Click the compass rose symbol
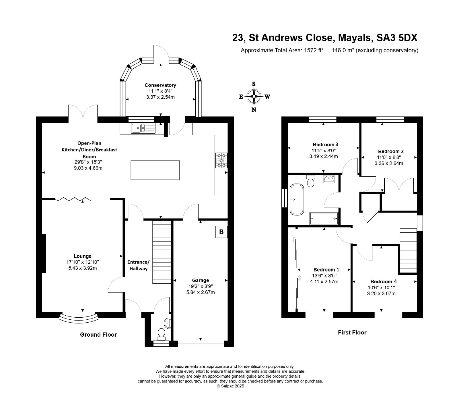(254, 97)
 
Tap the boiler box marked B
(221, 232)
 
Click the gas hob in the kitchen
(221, 160)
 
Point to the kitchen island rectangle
(155, 170)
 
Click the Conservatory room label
(160, 85)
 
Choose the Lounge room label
(83, 256)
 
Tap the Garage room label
(201, 280)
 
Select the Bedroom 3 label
(323, 144)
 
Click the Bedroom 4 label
(381, 281)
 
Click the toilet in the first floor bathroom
(311, 181)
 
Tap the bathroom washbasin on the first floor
(328, 179)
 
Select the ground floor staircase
(162, 252)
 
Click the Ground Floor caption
(98, 334)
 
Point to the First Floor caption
(352, 332)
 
